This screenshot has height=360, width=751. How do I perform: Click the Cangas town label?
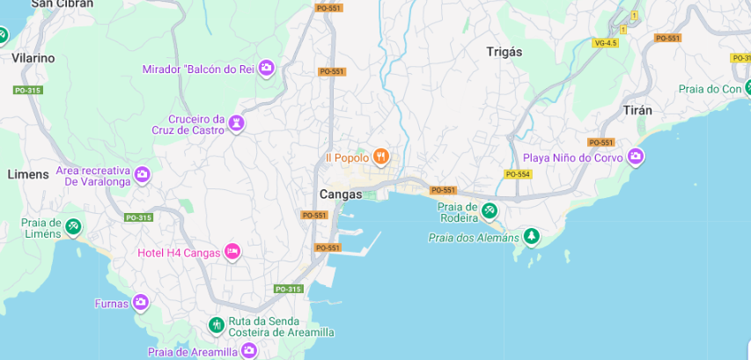coord(341,195)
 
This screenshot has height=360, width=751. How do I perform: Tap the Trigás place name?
coord(504,52)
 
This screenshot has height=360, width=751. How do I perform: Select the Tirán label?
coord(637,111)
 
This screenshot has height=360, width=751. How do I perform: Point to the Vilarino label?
coord(33,58)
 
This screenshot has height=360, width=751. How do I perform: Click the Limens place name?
coord(28,174)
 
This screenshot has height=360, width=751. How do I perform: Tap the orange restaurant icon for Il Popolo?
coord(381,158)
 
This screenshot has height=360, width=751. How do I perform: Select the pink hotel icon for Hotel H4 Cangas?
coord(232,253)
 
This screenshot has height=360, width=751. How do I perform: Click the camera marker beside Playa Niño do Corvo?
coord(636,158)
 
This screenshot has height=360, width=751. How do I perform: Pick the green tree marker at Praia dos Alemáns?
coord(531,237)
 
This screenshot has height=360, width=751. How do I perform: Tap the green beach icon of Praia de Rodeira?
coord(490,211)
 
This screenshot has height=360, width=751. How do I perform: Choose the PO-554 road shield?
coord(518,174)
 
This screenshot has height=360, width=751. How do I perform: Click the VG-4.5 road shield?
coord(606,42)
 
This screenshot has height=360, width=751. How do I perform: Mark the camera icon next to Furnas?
coord(140,304)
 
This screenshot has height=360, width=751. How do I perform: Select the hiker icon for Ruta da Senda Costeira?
coord(217,327)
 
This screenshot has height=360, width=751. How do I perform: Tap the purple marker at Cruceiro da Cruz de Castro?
coord(236,124)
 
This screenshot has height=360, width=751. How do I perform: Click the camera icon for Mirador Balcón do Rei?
coord(266,69)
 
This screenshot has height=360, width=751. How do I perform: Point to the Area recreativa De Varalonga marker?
coord(142,175)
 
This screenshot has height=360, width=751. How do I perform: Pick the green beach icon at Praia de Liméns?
coord(73,228)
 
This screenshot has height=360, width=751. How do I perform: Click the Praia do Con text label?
coord(711,89)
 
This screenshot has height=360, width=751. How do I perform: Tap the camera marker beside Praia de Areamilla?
coord(249,351)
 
